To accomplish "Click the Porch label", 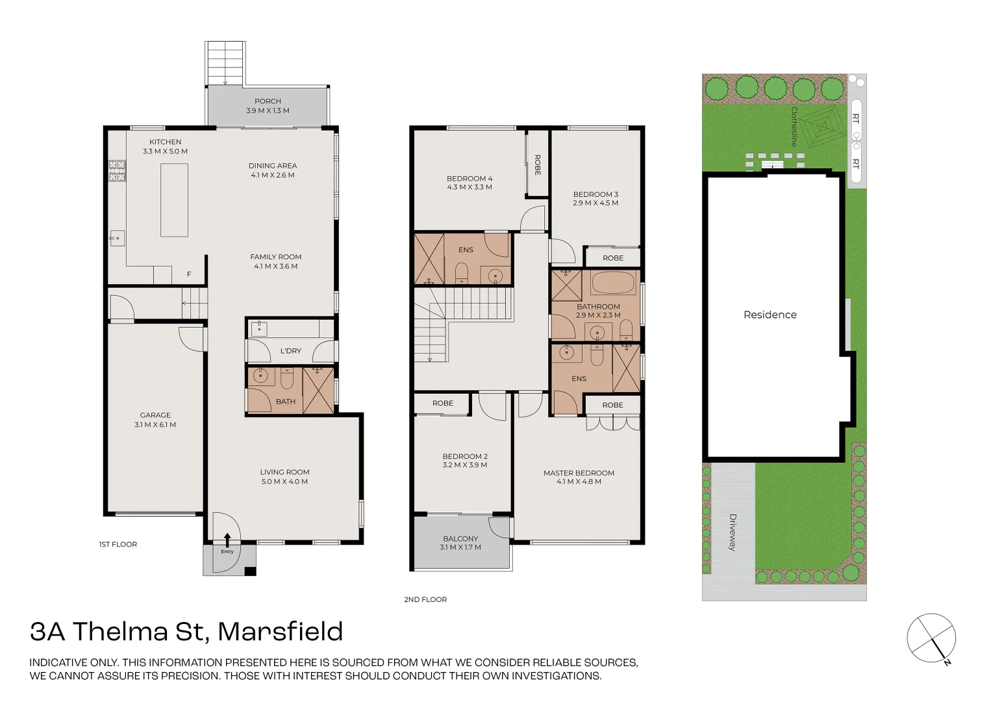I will pyautogui.click(x=268, y=101).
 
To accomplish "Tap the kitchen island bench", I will pyautogui.click(x=174, y=200).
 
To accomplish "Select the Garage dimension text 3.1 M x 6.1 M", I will pyautogui.click(x=155, y=425).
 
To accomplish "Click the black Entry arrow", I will pyautogui.click(x=227, y=539).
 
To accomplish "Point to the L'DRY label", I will pyautogui.click(x=290, y=351).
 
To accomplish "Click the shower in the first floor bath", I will pyautogui.click(x=318, y=390).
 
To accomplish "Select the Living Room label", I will pyautogui.click(x=284, y=473).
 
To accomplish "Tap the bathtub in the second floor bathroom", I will pyautogui.click(x=612, y=283).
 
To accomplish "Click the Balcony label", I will pyautogui.click(x=460, y=539).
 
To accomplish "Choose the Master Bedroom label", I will pyautogui.click(x=579, y=473).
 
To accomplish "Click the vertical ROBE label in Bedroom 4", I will pyautogui.click(x=537, y=164).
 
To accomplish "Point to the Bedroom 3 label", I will pyautogui.click(x=596, y=194).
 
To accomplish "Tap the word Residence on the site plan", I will pyautogui.click(x=770, y=315).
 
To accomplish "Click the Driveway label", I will pyautogui.click(x=733, y=532).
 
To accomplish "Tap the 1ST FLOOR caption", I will pyautogui.click(x=118, y=545).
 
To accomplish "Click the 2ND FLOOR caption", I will pyautogui.click(x=425, y=600).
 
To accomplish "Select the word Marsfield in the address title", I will pyautogui.click(x=280, y=632).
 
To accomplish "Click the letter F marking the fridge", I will pyautogui.click(x=189, y=274).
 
